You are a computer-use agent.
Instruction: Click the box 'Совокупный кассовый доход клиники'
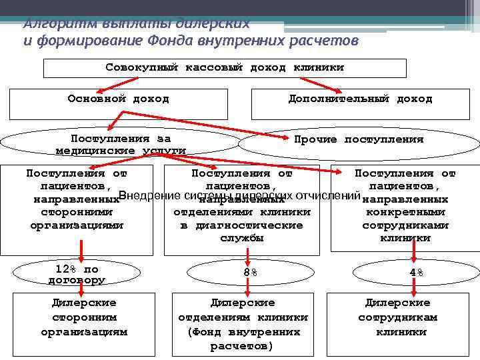pos(225,68)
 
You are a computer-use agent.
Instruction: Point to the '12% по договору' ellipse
pos(77,273)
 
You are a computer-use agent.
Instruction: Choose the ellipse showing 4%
pos(415,273)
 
